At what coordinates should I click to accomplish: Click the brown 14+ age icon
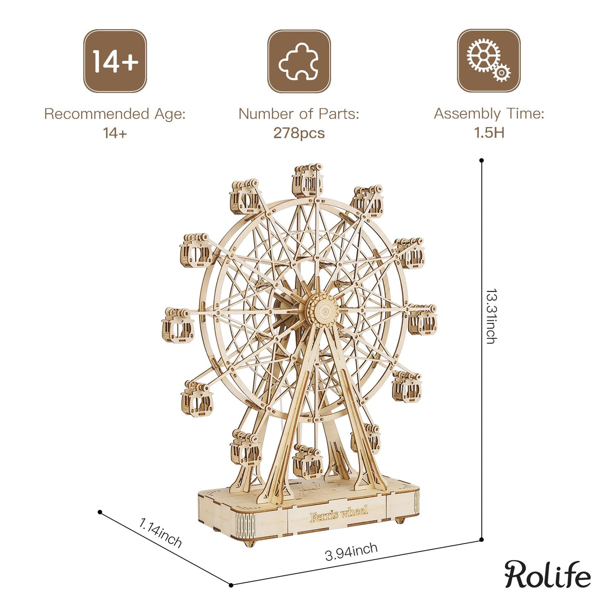(115, 61)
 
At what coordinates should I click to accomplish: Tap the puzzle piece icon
(299, 61)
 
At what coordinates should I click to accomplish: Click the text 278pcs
(299, 133)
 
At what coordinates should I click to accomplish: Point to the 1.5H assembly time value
(489, 133)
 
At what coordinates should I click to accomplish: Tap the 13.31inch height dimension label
(491, 316)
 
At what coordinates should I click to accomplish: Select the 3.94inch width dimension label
(351, 552)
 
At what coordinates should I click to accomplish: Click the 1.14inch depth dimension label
(160, 532)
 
